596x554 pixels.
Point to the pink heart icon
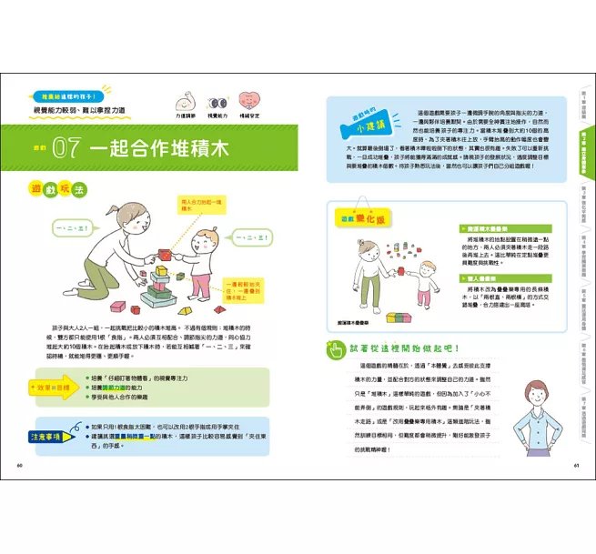click(x=250, y=101)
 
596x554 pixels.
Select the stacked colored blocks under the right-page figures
click(x=401, y=317)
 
